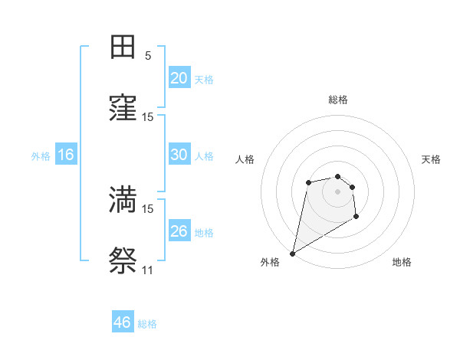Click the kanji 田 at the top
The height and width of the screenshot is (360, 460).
pyautogui.click(x=123, y=47)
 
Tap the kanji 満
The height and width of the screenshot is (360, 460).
pyautogui.click(x=123, y=200)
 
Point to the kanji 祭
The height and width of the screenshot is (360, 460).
pyautogui.click(x=123, y=262)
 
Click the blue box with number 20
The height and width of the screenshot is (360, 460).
pyautogui.click(x=179, y=78)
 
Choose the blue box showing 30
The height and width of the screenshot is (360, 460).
pyautogui.click(x=179, y=155)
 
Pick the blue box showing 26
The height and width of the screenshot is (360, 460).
pyautogui.click(x=179, y=231)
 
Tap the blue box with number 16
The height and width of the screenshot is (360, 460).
pyautogui.click(x=66, y=155)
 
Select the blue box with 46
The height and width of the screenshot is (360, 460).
pyautogui.click(x=123, y=322)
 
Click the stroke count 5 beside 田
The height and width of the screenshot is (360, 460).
pyautogui.click(x=148, y=56)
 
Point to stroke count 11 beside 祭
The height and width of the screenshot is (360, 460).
pyautogui.click(x=147, y=270)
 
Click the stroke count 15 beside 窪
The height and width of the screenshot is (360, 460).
pyautogui.click(x=147, y=117)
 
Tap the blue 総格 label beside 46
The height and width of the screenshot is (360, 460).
pyautogui.click(x=147, y=324)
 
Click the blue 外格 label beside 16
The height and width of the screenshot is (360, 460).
pyautogui.click(x=41, y=155)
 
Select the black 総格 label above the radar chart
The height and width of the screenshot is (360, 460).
pyautogui.click(x=337, y=100)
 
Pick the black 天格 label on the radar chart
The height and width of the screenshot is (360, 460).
pyautogui.click(x=431, y=159)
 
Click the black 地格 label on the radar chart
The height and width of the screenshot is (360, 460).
pyautogui.click(x=402, y=262)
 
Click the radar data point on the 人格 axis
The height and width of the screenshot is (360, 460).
pyautogui.click(x=308, y=182)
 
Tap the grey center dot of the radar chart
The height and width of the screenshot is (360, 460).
pyautogui.click(x=337, y=191)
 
